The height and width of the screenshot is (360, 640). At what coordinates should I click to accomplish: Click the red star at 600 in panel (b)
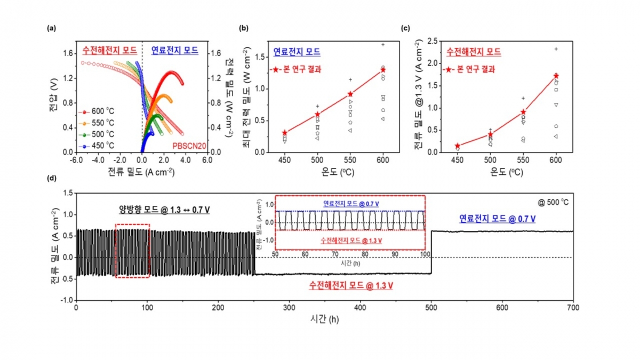(383, 70)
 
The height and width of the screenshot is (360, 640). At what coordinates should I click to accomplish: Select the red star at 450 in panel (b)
(285, 133)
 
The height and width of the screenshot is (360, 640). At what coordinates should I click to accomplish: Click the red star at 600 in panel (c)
(556, 76)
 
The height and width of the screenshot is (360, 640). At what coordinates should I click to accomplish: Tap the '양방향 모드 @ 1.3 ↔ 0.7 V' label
(164, 210)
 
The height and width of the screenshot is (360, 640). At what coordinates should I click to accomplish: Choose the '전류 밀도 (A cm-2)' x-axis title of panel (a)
(142, 172)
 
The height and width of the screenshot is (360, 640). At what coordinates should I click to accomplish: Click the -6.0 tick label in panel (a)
(76, 159)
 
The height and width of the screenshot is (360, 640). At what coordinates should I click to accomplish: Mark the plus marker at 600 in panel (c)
(556, 49)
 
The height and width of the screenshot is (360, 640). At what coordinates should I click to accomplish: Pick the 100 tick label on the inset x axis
(425, 254)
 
